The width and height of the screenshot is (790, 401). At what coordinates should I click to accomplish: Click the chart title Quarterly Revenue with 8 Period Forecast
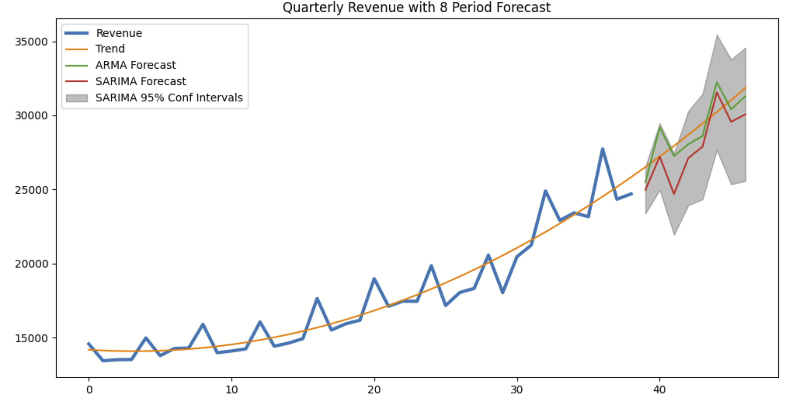pos(416,7)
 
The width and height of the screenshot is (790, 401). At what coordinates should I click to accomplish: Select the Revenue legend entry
pos(119,33)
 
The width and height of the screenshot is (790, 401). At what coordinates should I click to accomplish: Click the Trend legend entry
pos(110,49)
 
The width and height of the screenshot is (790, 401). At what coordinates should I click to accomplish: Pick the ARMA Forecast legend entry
pos(135,65)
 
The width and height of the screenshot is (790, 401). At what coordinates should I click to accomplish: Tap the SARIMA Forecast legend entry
pos(140,81)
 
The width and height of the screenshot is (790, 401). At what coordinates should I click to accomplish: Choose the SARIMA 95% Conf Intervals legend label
pos(169,98)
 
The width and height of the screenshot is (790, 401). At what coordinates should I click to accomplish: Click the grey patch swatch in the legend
pos(77,98)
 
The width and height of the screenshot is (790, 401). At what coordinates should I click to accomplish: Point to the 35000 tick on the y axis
pos(31,42)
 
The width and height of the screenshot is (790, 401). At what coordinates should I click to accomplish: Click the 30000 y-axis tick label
pos(31,116)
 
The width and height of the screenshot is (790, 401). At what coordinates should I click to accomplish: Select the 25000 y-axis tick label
pos(31,190)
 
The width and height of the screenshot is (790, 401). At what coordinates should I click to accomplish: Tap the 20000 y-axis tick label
pos(31,264)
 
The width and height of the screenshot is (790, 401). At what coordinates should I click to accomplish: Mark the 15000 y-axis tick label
pos(31,338)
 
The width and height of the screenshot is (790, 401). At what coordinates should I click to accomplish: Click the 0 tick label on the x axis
pos(89,390)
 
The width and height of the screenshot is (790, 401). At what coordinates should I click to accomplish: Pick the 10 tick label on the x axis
pos(231,390)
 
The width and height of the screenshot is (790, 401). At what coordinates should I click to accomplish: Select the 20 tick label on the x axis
pos(374,390)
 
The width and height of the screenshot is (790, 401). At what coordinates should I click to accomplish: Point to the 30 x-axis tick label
pos(517,390)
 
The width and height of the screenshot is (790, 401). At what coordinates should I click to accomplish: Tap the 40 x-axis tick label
pos(659,390)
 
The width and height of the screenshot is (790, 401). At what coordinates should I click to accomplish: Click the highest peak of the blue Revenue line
pos(603,149)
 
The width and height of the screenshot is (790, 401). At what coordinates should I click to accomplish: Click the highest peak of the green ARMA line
pos(717,82)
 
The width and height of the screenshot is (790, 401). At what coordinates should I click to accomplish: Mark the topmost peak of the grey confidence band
pos(717,35)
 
